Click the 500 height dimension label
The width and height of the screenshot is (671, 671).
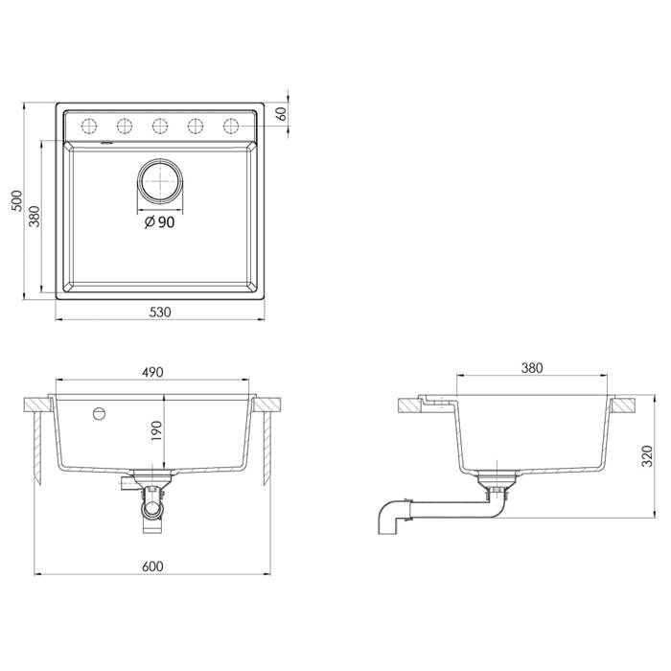15,200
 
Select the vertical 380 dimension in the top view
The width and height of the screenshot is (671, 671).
35,219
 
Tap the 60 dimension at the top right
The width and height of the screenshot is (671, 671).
282,113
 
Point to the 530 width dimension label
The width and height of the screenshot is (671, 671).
160,310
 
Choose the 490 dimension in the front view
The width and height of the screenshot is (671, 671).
154,371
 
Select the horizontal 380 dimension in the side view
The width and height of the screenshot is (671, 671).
532,367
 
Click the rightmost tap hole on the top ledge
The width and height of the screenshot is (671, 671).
230,126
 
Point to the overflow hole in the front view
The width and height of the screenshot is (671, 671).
97,414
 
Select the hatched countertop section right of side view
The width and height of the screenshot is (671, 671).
624,404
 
